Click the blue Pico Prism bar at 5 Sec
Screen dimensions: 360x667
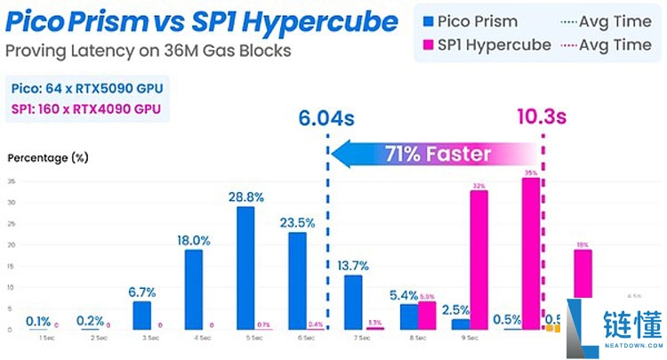(245, 268)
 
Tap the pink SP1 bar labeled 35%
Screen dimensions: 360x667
(531, 253)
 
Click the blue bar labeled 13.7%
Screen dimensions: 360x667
(353, 301)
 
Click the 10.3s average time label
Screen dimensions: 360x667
(542, 117)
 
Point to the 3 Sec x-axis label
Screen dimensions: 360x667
(142, 339)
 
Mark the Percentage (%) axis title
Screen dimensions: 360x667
(48, 157)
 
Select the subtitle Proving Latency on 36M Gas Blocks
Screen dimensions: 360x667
(148, 51)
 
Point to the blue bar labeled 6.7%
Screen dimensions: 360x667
(142, 315)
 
